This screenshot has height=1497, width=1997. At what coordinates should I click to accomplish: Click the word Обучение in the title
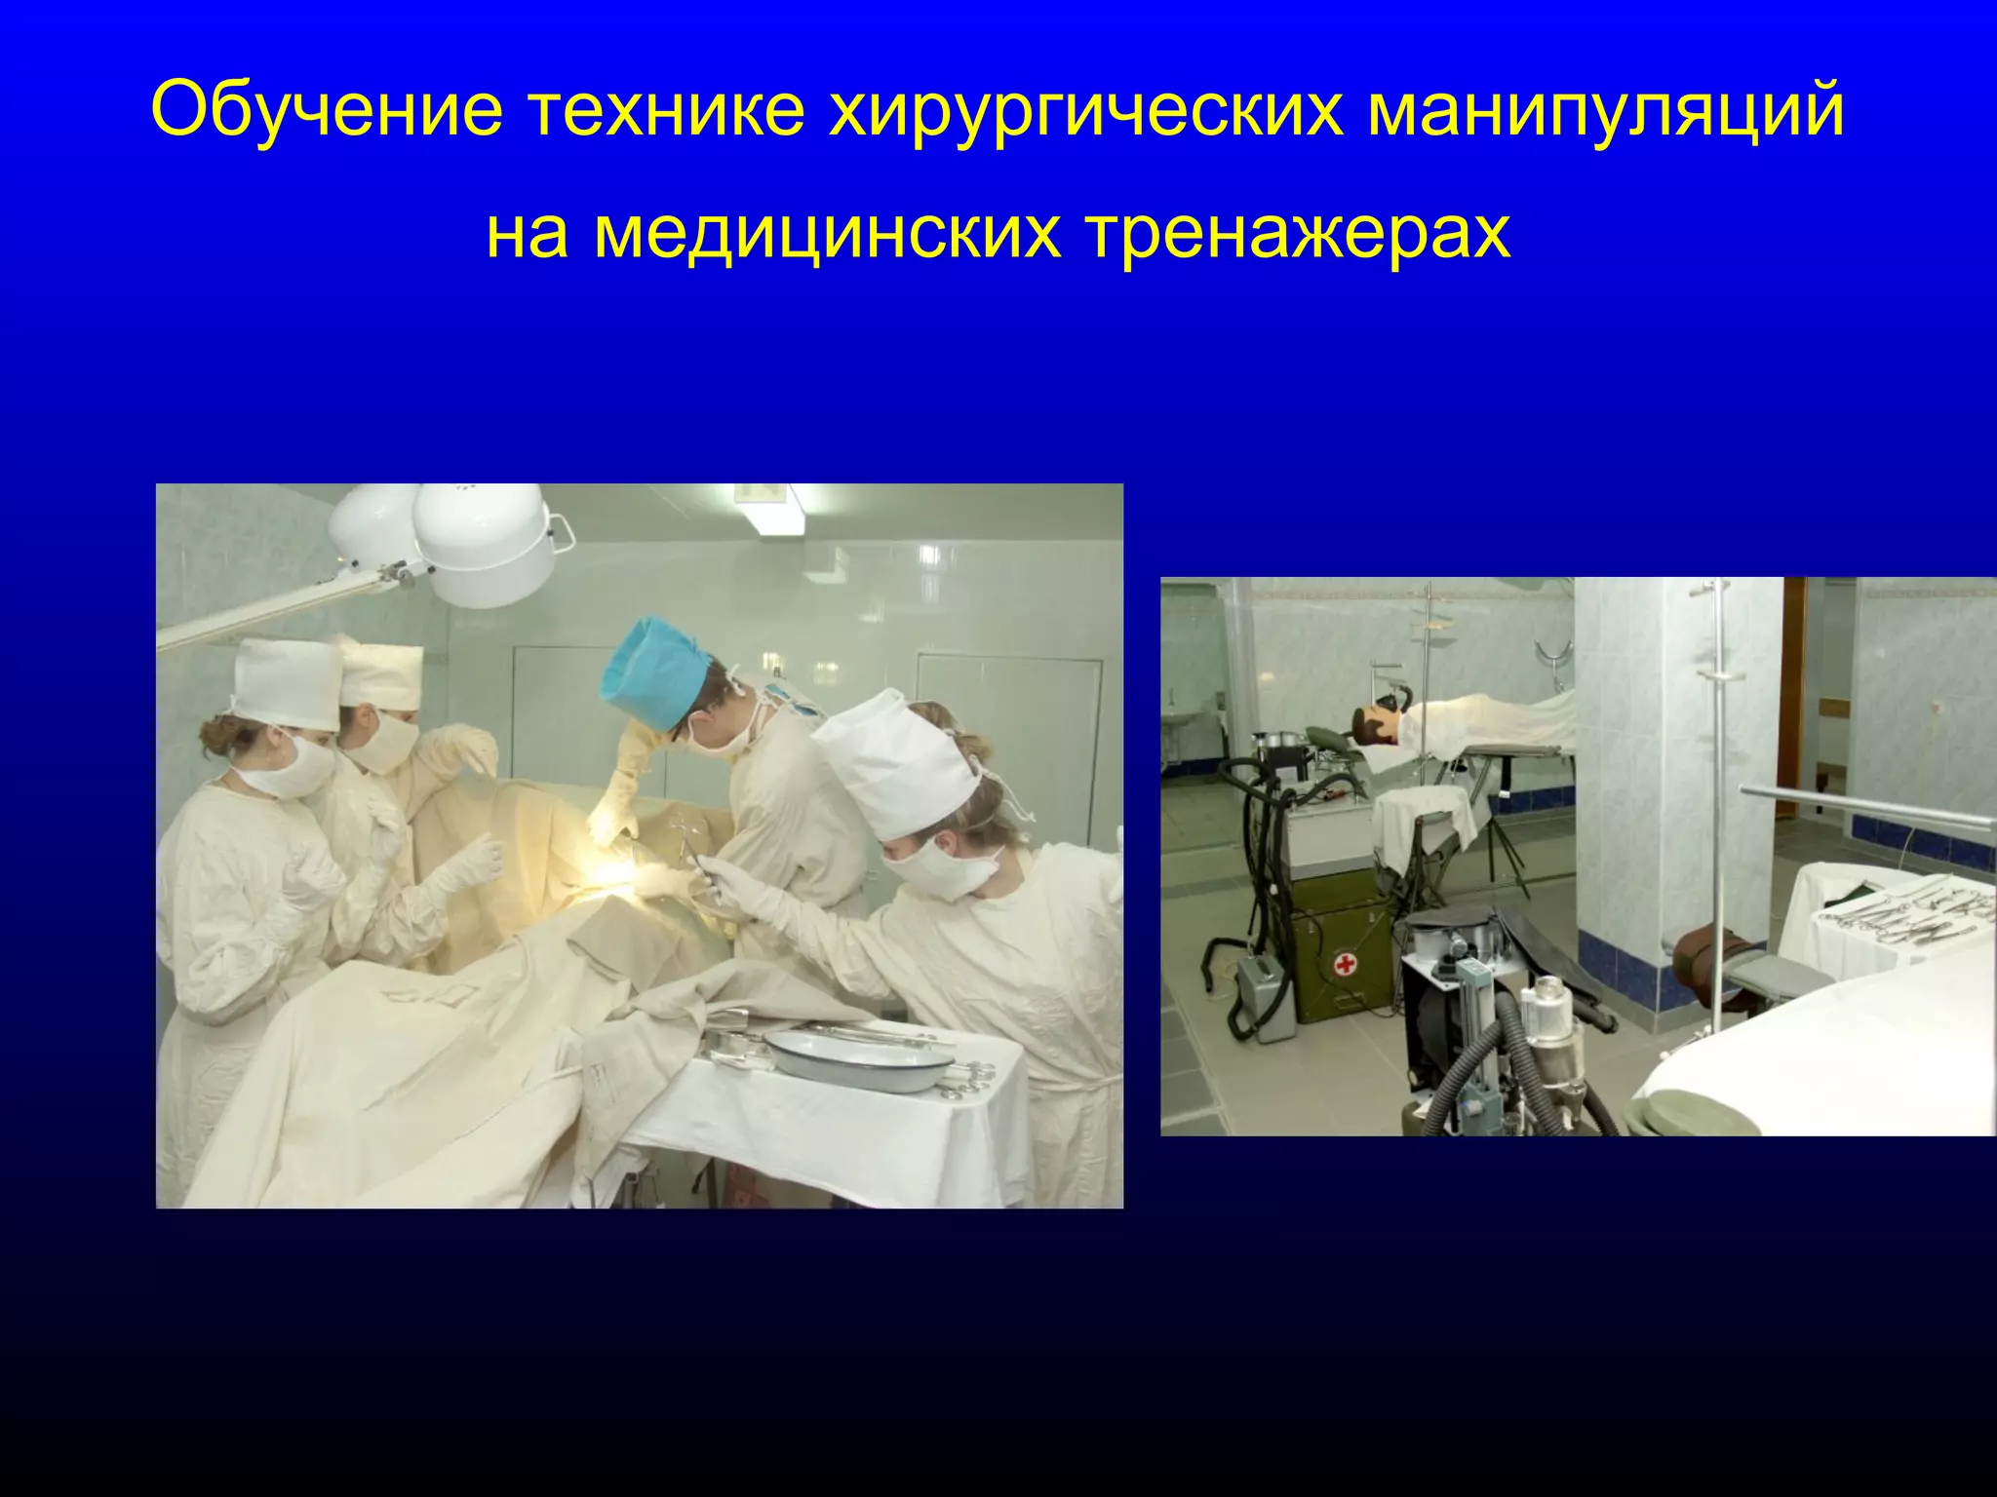[x=326, y=109]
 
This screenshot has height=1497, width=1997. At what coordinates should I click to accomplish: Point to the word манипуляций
[x=1605, y=109]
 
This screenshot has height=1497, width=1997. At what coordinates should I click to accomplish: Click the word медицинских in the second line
[x=827, y=234]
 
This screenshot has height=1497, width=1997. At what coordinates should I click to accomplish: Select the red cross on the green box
[x=1347, y=965]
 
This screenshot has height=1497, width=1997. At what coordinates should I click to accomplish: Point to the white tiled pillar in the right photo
[x=1677, y=770]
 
